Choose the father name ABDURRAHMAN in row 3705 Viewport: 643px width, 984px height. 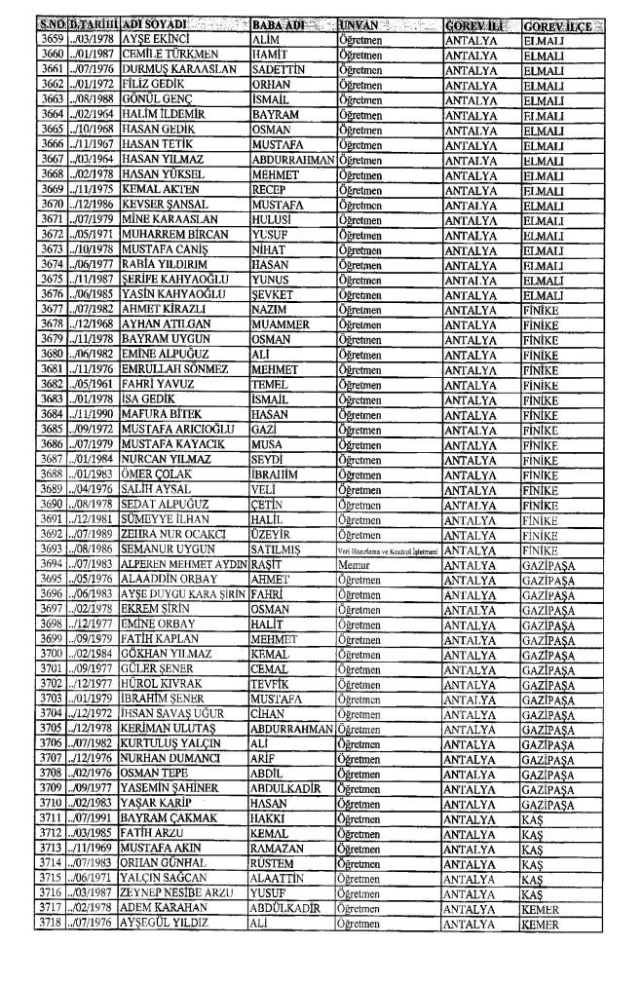pos(292,753)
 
